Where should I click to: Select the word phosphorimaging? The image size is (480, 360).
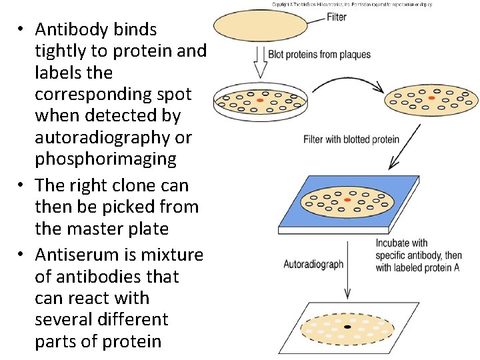(105, 159)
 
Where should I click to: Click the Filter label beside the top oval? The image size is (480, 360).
(337, 17)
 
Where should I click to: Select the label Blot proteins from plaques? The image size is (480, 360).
(319, 54)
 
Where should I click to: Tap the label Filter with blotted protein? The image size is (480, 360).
(351, 139)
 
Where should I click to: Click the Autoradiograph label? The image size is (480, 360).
(313, 264)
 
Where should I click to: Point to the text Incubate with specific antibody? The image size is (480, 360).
(418, 249)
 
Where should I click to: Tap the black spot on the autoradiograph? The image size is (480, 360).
(347, 327)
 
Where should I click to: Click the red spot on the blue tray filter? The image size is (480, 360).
(347, 199)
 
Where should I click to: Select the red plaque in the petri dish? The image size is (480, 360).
(260, 100)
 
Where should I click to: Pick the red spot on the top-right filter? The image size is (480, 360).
(432, 98)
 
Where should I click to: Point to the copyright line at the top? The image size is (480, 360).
(352, 4)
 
